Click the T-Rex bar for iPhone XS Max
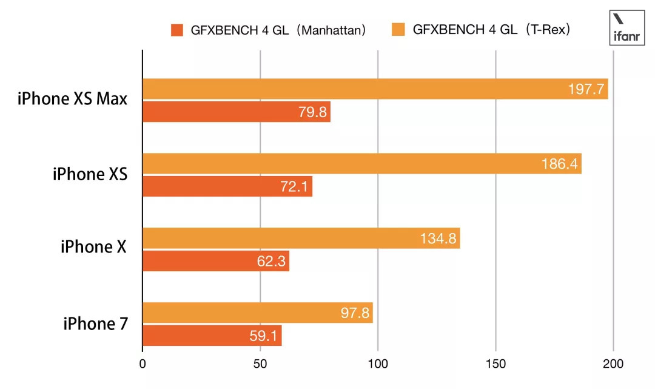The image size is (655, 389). coord(375,89)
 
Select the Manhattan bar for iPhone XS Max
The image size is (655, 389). coord(237,112)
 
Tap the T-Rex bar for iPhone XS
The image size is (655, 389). coord(361,164)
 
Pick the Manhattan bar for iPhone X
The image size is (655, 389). coord(216,262)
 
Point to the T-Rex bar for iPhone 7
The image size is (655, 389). coord(257,313)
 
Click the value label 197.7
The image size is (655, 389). coord(586,90)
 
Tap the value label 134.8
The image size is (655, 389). coord(438,238)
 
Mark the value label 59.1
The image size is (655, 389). coord(263,336)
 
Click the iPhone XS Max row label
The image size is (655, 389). coord(73,98)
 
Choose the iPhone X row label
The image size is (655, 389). coord(94,247)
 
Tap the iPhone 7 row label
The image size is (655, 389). coord(95,323)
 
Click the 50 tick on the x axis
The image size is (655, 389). coord(260,365)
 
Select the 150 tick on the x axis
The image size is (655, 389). coord(495,365)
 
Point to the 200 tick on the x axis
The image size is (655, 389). coord(613,365)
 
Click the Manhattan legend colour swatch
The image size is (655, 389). coord(177,30)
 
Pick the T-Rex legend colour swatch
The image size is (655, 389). coord(398,29)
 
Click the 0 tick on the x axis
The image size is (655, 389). coord(143,365)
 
